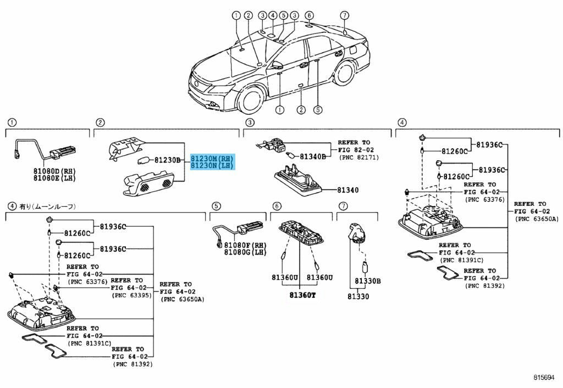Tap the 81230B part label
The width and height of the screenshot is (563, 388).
coord(167,160)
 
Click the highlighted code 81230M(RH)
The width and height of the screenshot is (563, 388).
coord(212,159)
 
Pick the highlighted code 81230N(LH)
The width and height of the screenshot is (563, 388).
coord(212,165)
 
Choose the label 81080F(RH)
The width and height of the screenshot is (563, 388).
coord(245,245)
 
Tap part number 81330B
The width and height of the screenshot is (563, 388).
coord(368,282)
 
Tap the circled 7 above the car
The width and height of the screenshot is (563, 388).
coord(345,15)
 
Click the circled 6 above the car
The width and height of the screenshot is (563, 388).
coord(309,15)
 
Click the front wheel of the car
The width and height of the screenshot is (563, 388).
coord(255,98)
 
